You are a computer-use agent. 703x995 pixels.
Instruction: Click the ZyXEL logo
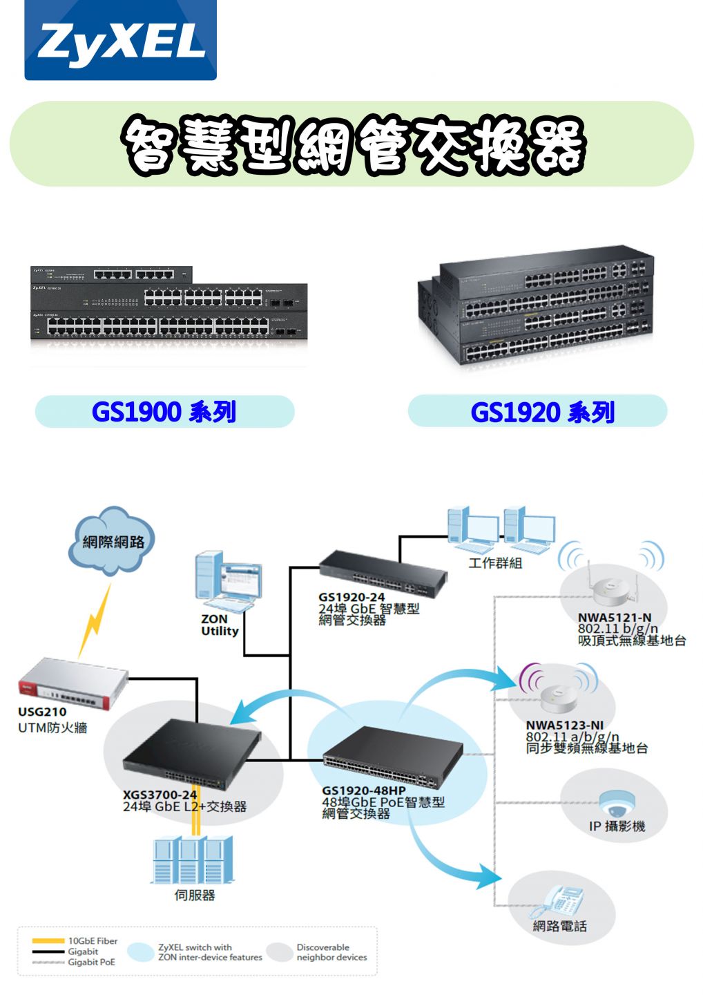coord(120,40)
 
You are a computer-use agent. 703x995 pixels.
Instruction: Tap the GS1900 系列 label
coord(164,412)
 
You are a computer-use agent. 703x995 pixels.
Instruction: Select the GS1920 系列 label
coord(542,413)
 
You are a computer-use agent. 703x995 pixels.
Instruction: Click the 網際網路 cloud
coord(113,542)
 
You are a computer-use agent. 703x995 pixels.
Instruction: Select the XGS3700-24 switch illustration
coord(192,752)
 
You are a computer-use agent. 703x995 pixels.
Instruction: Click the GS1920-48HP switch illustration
coord(393,757)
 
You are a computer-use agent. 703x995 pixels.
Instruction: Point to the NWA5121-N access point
coord(612,588)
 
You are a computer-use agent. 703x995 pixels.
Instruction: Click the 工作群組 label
coord(495,563)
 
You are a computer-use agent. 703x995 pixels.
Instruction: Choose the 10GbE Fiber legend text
coord(93,941)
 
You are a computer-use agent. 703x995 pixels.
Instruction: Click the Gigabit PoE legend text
coord(91,962)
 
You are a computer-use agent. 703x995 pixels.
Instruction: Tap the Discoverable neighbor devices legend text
coord(331,952)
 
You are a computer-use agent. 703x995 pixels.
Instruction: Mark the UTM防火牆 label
coord(52,727)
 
